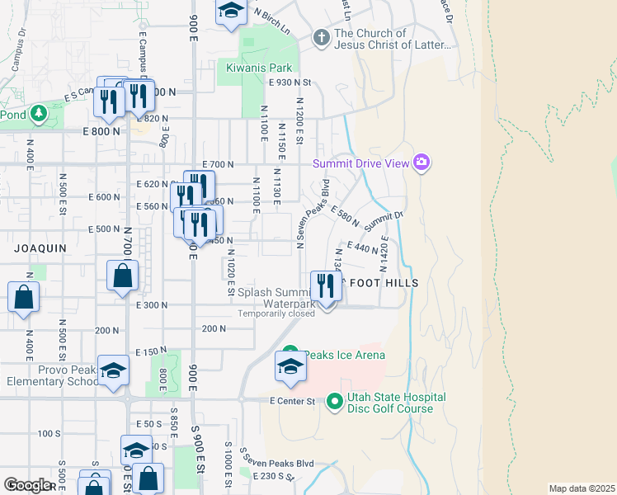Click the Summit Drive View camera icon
coord(422,163)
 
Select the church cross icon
coord(322,37)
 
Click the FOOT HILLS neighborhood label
coord(384,283)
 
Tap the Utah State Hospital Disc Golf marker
coord(335,402)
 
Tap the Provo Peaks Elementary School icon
coord(113,370)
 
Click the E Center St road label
coord(293,401)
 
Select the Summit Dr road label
coord(384,220)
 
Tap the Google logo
coord(27,485)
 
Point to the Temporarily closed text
coord(276,313)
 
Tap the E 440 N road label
coord(363,247)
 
